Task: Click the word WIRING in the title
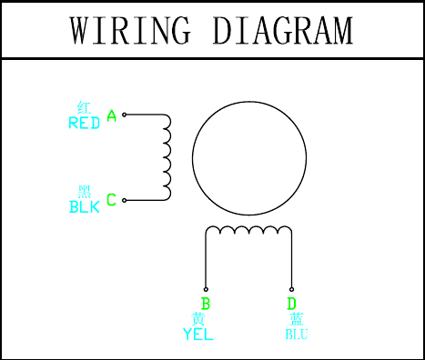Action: [x=131, y=30]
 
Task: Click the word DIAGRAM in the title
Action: [x=283, y=30]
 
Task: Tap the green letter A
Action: [x=112, y=115]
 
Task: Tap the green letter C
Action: [x=111, y=200]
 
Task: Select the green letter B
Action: [x=206, y=304]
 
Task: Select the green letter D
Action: [x=291, y=304]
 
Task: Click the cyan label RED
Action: [x=85, y=123]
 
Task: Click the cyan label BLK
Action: [x=85, y=207]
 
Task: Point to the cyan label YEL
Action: [x=198, y=335]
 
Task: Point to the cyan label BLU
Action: [x=297, y=335]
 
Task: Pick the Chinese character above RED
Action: [x=84, y=107]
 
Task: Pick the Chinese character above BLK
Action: [x=85, y=192]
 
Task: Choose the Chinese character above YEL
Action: [x=198, y=319]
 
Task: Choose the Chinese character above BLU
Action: [x=297, y=319]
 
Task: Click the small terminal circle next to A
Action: [x=124, y=115]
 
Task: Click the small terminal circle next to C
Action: [x=124, y=200]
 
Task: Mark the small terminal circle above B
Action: [x=206, y=289]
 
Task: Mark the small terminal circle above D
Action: [x=291, y=289]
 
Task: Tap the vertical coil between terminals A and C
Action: [x=170, y=157]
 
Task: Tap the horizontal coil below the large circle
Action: [x=248, y=226]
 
